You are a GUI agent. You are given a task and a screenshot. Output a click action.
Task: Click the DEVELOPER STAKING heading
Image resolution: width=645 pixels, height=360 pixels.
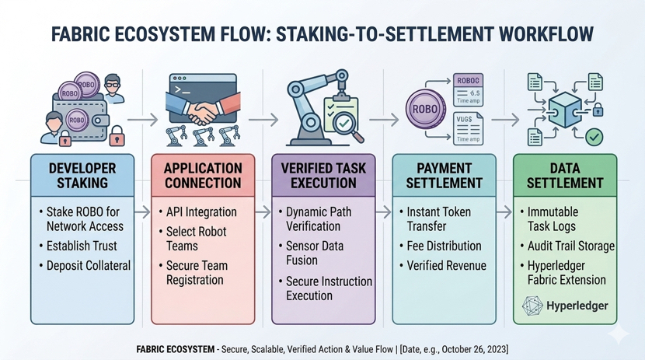(82, 176)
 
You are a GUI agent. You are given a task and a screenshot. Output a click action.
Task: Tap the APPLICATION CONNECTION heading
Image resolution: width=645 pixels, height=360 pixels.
(203, 176)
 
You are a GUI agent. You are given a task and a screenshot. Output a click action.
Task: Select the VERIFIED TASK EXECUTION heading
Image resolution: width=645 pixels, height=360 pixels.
(323, 176)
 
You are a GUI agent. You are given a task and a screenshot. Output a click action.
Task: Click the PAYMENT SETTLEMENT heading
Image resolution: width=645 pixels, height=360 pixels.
(444, 176)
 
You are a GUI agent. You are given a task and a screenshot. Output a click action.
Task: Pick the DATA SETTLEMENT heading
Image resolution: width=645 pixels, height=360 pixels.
(564, 176)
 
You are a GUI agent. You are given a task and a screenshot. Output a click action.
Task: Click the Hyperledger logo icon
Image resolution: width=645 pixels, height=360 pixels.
(536, 306)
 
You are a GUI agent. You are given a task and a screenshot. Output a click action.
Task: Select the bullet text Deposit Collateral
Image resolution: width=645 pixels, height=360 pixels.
(89, 265)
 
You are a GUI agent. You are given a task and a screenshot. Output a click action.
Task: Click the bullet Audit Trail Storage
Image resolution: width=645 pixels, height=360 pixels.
(571, 246)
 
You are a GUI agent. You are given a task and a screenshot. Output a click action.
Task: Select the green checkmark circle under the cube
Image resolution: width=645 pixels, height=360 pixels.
(594, 137)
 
